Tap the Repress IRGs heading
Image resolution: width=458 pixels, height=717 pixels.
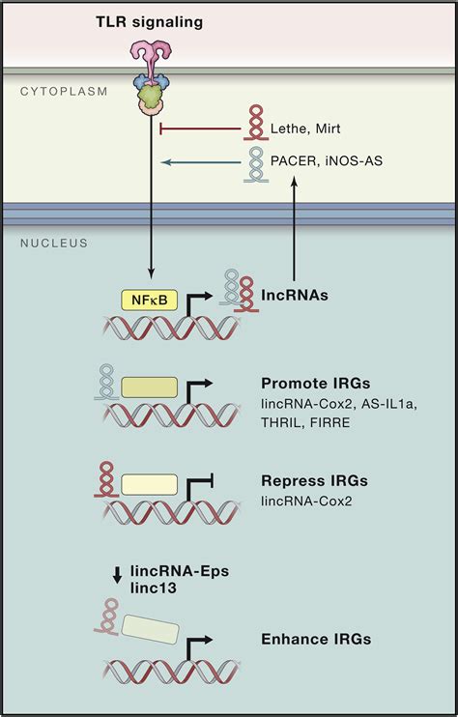click(307, 479)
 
